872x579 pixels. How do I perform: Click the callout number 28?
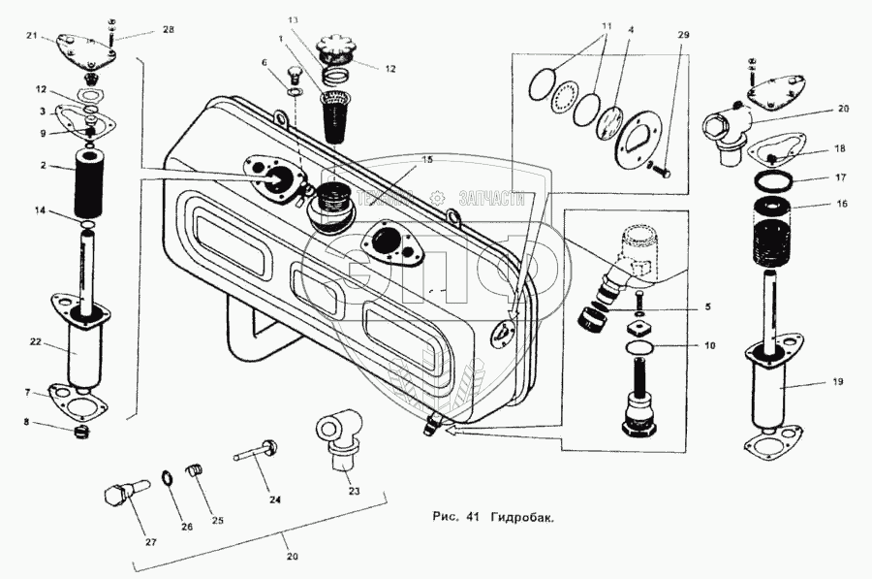(169, 31)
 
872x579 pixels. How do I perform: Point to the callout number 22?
(35, 340)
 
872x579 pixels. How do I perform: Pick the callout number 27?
(150, 541)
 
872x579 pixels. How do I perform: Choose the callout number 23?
(354, 492)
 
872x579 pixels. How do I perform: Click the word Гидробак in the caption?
(522, 517)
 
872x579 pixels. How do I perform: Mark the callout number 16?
(842, 206)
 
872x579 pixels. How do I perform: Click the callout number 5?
(707, 306)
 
